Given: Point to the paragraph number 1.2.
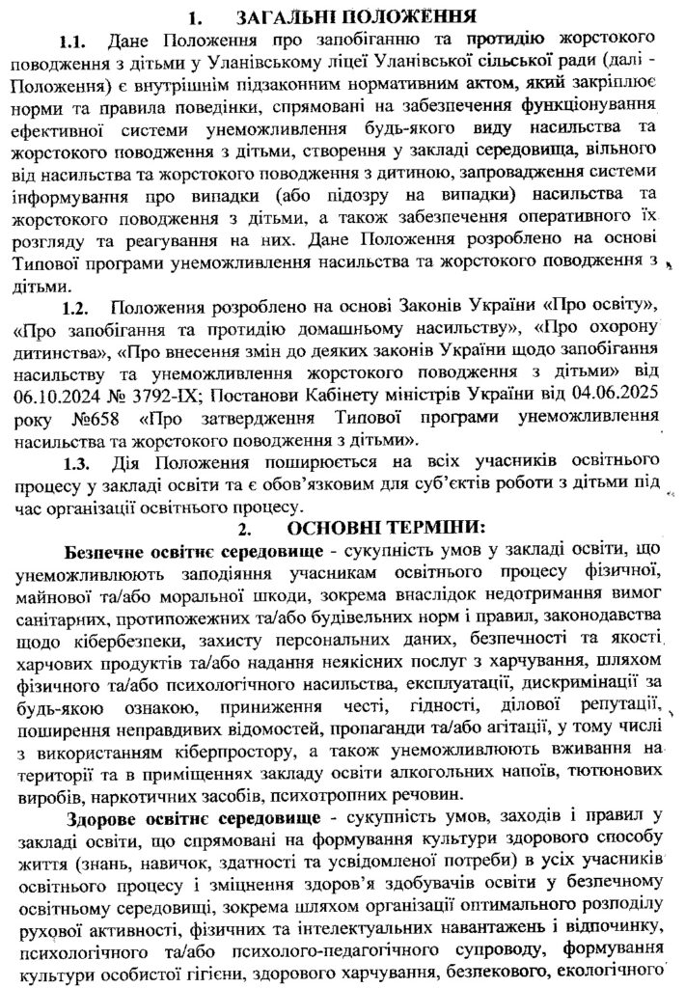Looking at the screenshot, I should pyautogui.click(x=75, y=308).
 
